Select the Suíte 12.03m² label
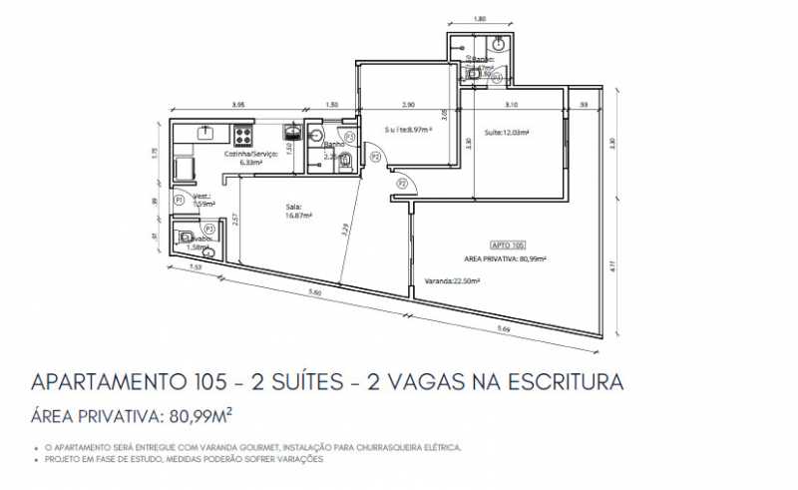click(x=506, y=132)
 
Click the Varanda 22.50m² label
click(x=452, y=281)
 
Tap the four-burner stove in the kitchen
click(x=242, y=133)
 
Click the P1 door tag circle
click(x=179, y=201)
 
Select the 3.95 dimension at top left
click(x=237, y=105)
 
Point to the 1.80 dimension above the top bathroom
click(x=479, y=19)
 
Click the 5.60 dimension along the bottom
click(x=314, y=292)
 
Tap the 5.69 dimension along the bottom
click(x=501, y=328)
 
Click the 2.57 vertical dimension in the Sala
click(x=235, y=220)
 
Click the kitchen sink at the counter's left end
click(x=206, y=131)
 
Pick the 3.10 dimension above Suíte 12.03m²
click(x=511, y=105)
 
